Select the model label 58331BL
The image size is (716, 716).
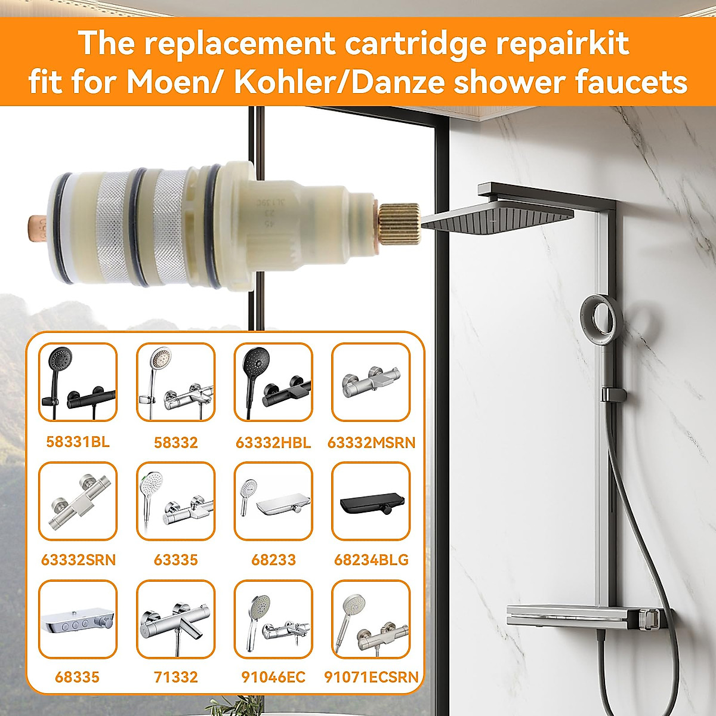78,442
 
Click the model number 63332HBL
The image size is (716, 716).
273,443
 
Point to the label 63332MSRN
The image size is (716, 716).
371,443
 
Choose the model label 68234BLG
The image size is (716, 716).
371,560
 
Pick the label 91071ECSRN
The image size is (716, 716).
371,677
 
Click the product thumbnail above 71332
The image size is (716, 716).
175,619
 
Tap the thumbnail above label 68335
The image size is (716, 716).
78,619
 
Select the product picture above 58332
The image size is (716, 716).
175,382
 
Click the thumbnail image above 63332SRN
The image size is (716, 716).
78,501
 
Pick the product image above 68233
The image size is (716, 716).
273,501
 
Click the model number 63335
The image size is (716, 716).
175,560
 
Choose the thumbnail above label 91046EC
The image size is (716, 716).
273,619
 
